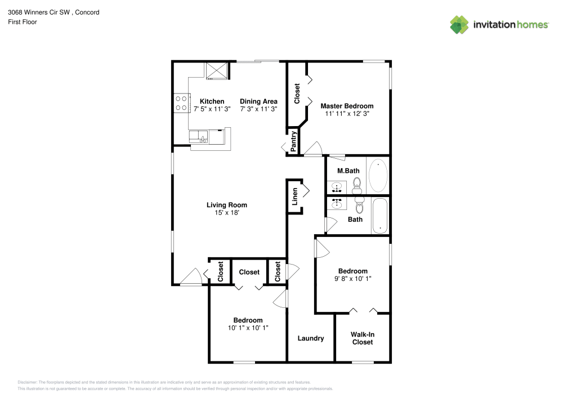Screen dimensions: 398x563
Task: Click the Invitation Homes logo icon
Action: click(x=459, y=24)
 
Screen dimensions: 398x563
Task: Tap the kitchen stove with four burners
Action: click(x=181, y=102)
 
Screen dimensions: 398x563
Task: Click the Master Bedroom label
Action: click(x=347, y=106)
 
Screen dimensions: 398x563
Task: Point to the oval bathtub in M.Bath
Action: click(x=378, y=176)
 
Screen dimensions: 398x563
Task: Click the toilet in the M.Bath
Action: click(x=356, y=184)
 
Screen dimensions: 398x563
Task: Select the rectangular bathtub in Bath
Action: click(x=381, y=216)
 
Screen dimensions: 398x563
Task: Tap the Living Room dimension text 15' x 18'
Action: click(x=226, y=213)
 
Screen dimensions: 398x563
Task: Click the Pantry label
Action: click(x=293, y=141)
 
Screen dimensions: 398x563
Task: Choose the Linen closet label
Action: click(x=294, y=196)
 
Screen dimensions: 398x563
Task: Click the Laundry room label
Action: click(x=311, y=338)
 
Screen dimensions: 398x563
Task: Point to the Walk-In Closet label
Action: click(x=363, y=338)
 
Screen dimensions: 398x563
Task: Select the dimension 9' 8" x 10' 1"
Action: click(x=353, y=279)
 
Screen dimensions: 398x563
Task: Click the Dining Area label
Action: click(x=258, y=101)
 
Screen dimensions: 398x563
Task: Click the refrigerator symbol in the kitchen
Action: click(x=217, y=71)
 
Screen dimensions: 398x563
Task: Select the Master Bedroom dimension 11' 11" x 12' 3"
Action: click(x=347, y=114)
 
